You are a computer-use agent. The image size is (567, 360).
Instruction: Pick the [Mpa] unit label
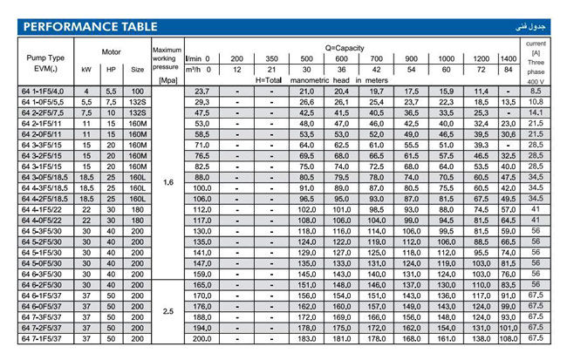coord(169,79)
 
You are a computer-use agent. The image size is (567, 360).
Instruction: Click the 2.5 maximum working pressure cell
coord(168,310)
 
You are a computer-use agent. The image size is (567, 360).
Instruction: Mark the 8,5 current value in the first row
coord(536,91)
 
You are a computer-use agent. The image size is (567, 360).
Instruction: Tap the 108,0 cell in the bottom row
coord(509,337)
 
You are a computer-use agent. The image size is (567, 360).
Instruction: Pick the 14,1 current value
coord(536,112)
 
